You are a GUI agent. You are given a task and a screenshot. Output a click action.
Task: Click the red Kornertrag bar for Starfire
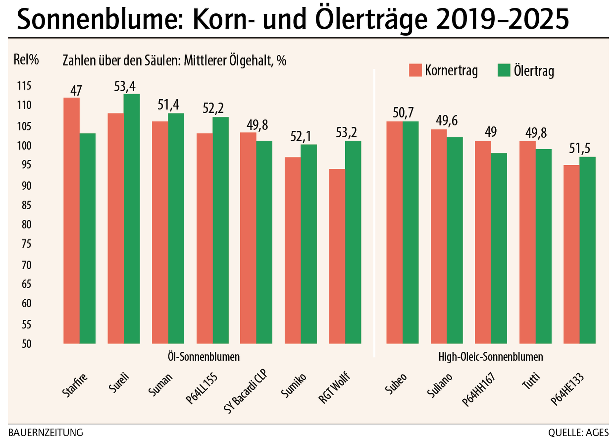[x=71, y=220]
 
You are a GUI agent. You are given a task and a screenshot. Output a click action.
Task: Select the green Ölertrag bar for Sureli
[x=132, y=219]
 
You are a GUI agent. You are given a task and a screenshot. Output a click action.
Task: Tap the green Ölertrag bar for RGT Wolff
[x=353, y=242]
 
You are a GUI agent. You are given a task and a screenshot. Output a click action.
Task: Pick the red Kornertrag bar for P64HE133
[x=571, y=254]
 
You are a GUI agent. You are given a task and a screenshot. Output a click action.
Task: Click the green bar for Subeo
[x=411, y=232]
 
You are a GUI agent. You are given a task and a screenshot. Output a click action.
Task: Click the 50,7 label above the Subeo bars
[x=403, y=113]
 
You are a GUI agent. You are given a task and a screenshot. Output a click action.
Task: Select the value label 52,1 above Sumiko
[x=300, y=136]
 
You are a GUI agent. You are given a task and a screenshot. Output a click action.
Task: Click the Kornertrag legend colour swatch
[x=415, y=70]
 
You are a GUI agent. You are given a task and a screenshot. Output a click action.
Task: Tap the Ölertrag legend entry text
[x=534, y=71]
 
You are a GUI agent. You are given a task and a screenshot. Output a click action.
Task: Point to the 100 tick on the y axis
[x=24, y=146]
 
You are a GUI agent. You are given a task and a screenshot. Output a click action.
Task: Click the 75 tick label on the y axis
[x=26, y=244]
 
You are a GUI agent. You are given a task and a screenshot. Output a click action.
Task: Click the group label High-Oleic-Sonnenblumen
[x=490, y=357]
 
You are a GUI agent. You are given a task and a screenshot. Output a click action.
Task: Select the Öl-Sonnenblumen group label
[x=204, y=357]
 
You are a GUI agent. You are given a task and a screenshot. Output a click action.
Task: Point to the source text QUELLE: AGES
[x=578, y=433]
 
